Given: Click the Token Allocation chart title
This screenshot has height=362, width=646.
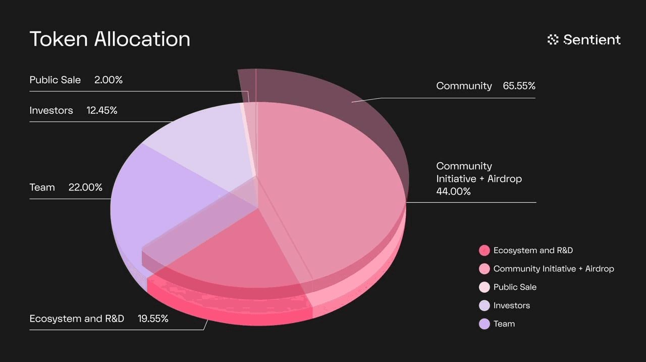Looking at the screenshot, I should coord(110,39).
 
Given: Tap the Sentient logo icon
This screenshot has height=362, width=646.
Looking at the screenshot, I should coord(553,39).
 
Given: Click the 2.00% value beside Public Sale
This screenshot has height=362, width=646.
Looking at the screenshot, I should coord(109,80).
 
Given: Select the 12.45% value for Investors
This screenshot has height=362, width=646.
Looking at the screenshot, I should coord(102,110).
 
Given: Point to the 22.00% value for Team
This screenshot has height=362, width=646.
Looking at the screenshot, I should coord(85,188).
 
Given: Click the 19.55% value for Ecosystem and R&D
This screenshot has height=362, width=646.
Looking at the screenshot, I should coord(153,319).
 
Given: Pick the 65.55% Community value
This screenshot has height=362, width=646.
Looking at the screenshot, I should coord(519,86).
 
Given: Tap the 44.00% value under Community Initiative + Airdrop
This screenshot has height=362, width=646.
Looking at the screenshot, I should coord(453,192).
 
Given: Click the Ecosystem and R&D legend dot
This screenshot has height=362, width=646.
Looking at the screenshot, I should coord(484,250).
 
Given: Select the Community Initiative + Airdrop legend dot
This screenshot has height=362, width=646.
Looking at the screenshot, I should coord(484,268).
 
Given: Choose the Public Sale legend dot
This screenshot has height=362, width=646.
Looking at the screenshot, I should coord(484,287).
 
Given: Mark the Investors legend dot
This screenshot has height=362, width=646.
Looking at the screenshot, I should coord(484,305).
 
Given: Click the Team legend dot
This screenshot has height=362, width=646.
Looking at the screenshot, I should coord(484,324).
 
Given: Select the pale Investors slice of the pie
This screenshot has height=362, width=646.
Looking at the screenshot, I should coord(202,142).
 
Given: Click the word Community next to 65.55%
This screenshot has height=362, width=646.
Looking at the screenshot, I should coord(464,86).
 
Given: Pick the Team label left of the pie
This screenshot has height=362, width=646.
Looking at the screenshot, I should coord(42,188).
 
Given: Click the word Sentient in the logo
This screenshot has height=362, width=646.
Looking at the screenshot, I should coord(592,39).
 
